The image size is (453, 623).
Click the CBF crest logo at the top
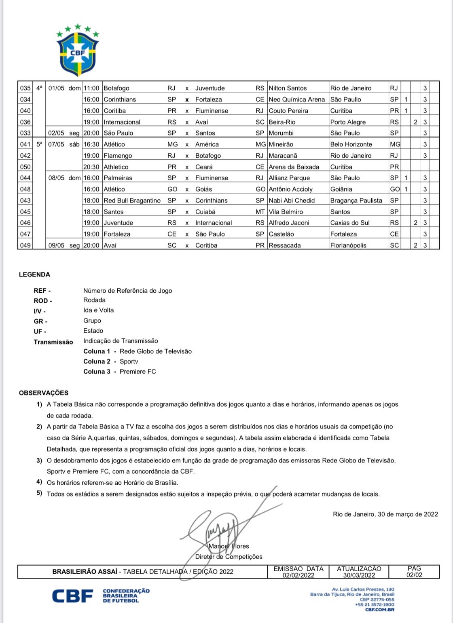point(78,51)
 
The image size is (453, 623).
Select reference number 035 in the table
point(25,88)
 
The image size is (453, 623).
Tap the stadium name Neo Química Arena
point(296,99)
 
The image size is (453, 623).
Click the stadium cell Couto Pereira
point(288,111)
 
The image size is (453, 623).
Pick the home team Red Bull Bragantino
point(132,201)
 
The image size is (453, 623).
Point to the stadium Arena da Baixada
point(294,167)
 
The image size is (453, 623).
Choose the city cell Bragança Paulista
point(356,201)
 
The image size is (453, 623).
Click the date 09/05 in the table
point(56,245)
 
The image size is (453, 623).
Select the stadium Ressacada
point(285,245)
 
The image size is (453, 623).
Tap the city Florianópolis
point(348,245)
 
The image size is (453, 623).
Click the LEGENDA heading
point(34,275)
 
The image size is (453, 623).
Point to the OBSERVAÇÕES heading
point(44,393)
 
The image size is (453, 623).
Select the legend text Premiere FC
point(138,372)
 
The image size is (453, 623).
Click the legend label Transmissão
point(53,342)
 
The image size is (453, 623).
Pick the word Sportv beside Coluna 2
point(129,361)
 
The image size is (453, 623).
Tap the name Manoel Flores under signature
point(229,546)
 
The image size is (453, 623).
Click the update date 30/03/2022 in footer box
point(359,575)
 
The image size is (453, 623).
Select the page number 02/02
point(414,575)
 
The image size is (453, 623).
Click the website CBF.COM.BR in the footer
point(379,610)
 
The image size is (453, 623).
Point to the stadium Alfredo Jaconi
point(289,223)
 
